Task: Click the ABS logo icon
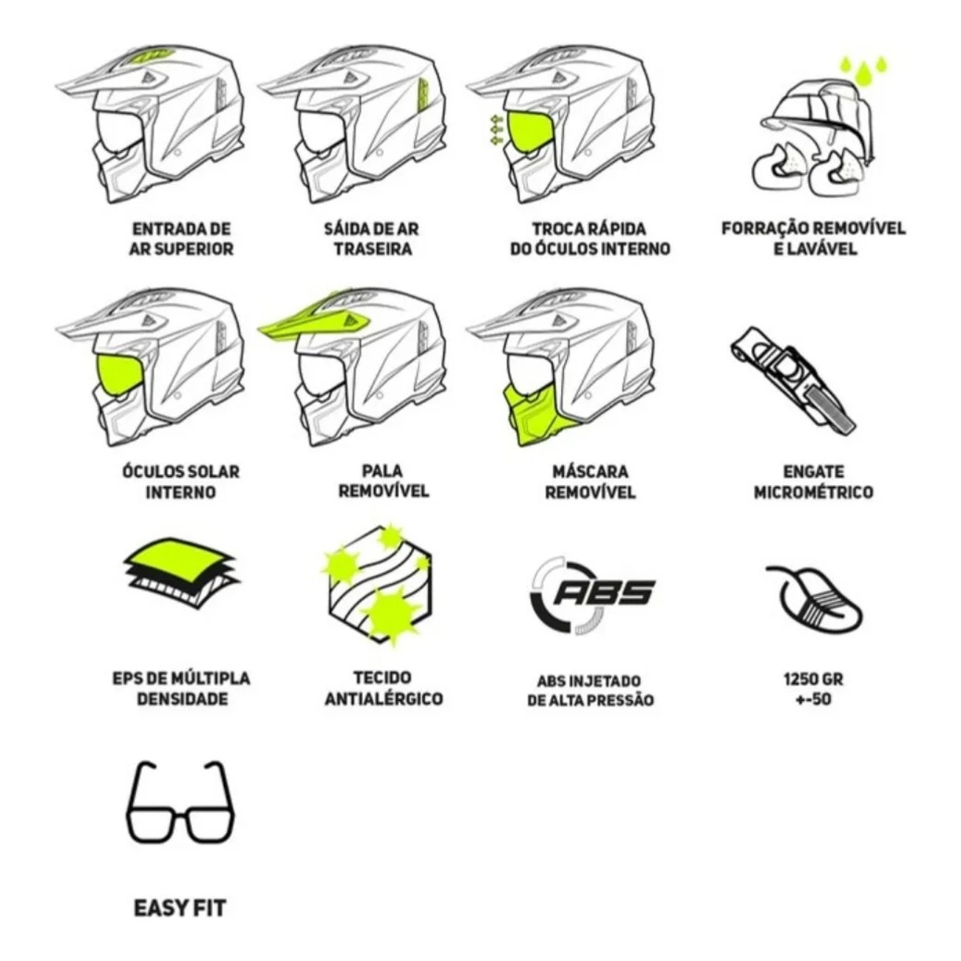click(592, 597)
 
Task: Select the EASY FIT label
click(180, 908)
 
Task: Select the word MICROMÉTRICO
click(813, 492)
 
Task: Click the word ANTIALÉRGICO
click(384, 699)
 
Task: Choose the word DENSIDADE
click(182, 699)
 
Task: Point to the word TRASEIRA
click(373, 248)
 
